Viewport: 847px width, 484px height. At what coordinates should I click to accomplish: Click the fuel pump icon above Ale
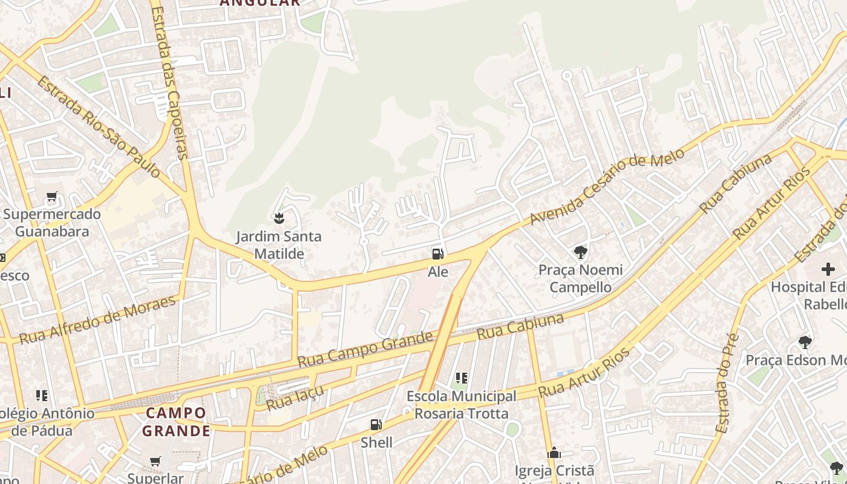coord(437,254)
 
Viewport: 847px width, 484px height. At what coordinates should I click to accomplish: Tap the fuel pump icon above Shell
coord(376,425)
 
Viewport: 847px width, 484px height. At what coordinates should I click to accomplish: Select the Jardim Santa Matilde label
coord(279,244)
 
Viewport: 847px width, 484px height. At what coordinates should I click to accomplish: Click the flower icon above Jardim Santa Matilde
coord(279,217)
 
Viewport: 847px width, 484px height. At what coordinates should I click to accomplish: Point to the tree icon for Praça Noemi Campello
coord(580,252)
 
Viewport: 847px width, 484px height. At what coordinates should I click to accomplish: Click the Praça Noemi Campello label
coord(580,278)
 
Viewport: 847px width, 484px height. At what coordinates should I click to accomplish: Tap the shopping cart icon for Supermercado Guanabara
coord(52,197)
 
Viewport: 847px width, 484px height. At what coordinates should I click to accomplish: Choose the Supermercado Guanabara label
coord(52,223)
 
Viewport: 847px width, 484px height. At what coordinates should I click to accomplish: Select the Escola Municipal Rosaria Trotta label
coord(462,405)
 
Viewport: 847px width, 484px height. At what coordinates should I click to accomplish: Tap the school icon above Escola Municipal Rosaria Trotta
coord(462,378)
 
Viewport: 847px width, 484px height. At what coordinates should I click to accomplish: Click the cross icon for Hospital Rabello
coord(828,269)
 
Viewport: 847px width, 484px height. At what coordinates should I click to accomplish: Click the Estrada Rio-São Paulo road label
coord(99,127)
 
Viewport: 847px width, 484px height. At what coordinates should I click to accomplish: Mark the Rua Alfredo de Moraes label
coord(98,319)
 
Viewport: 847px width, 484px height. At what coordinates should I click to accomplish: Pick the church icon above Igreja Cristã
coord(554,453)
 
